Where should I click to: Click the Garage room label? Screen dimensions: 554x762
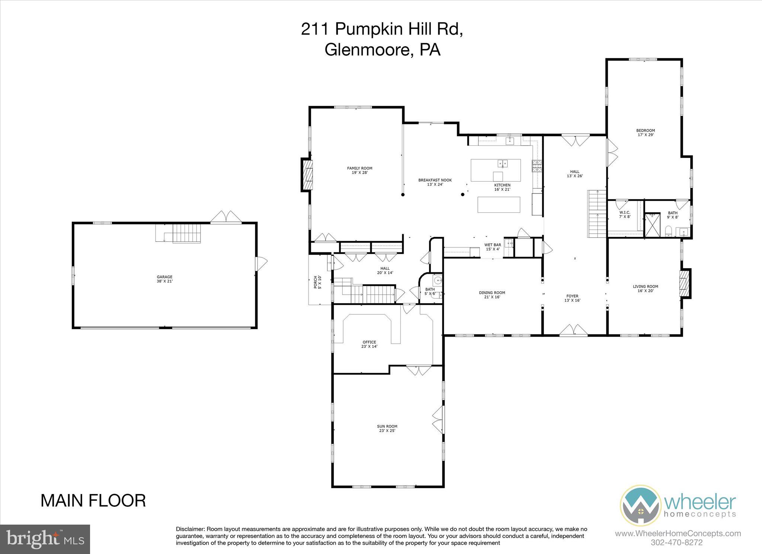(x=164, y=277)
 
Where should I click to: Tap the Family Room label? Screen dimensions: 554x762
(x=359, y=168)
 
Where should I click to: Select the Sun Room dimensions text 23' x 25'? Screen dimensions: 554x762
(x=387, y=431)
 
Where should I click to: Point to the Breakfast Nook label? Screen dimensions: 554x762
(x=435, y=180)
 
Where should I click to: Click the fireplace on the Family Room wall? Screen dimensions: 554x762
(x=307, y=175)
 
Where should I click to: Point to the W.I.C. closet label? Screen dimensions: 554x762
(x=625, y=212)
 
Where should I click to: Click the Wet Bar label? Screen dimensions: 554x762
(x=492, y=245)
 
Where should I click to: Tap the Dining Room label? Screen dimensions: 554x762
(x=492, y=293)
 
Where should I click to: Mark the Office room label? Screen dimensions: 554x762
(x=369, y=342)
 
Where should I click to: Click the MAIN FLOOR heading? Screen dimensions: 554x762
(x=93, y=501)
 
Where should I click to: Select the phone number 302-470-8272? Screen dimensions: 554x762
(x=677, y=542)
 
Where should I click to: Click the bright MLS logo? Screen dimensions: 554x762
(x=45, y=539)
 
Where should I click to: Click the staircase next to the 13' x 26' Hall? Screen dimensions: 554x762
(x=597, y=214)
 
